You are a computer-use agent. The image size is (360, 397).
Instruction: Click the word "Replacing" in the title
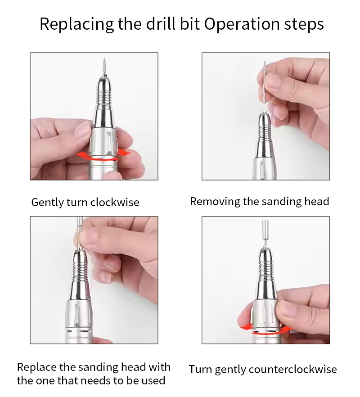(76, 25)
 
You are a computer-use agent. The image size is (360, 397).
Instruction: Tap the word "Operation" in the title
(242, 25)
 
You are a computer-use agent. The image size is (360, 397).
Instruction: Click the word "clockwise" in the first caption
(115, 202)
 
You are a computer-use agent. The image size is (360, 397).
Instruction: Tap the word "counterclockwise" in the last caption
(293, 369)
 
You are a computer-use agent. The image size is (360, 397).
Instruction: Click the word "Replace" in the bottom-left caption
(37, 367)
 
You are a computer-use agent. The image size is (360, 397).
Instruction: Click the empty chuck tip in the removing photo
(264, 112)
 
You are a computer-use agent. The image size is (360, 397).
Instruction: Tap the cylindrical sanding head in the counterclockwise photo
(265, 229)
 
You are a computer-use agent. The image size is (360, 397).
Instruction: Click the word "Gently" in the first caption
(48, 203)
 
